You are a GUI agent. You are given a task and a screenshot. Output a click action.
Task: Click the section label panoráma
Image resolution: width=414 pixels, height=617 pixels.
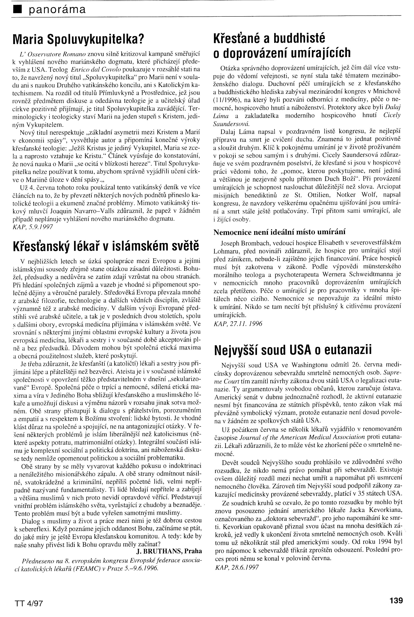click(x=57, y=10)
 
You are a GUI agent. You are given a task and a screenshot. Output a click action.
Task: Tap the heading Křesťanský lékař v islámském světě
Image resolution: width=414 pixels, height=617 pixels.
click(x=106, y=246)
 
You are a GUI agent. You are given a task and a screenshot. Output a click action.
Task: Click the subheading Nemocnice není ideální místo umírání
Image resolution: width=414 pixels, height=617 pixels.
click(x=279, y=232)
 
